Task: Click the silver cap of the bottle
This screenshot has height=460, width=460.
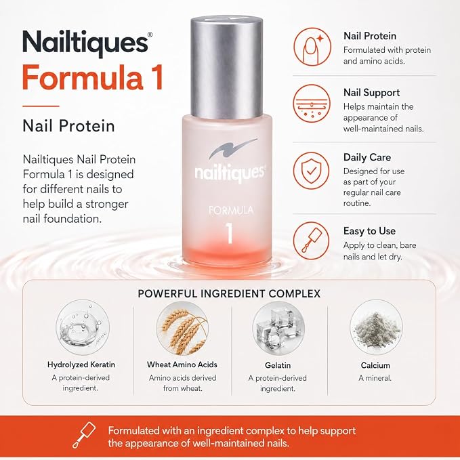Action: tap(226, 67)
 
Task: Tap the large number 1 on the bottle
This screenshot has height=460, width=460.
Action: tap(230, 233)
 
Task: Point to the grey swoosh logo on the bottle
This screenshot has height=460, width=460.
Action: tap(232, 148)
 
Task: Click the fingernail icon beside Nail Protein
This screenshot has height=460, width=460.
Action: tap(312, 47)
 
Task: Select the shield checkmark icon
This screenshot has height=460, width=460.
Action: tap(312, 171)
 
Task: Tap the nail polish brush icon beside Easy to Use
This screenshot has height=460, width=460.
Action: tap(312, 241)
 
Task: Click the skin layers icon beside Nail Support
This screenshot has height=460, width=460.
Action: tap(312, 103)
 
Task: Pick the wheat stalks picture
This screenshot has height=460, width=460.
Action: tap(182, 328)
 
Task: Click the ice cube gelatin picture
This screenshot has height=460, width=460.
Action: tap(278, 328)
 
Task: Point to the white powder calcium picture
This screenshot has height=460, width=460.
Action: tap(376, 327)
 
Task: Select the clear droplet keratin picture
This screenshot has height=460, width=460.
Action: tap(83, 327)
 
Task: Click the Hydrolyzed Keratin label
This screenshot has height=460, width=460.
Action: tap(81, 364)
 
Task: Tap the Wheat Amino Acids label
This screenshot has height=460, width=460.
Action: tap(182, 364)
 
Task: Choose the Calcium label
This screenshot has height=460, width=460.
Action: tap(375, 365)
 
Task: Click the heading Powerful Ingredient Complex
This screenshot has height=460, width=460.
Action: tap(229, 293)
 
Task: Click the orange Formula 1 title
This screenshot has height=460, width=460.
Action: tap(93, 77)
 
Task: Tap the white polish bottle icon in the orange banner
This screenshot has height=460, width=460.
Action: tap(84, 435)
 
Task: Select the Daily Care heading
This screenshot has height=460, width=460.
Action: tap(367, 157)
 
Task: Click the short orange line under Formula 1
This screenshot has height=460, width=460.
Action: tap(41, 106)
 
